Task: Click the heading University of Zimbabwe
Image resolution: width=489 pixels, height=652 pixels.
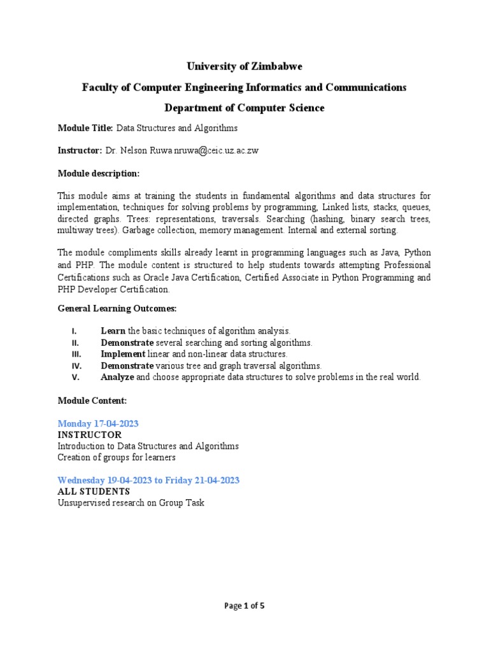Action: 244,66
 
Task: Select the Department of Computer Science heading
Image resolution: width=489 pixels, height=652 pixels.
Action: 244,108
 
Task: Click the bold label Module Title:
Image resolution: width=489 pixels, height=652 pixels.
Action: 85,128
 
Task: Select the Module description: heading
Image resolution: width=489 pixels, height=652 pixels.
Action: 98,173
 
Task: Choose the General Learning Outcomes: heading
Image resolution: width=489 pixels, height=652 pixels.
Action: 117,308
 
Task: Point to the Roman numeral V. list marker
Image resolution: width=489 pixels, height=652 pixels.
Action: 74,377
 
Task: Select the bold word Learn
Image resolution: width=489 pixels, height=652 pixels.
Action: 113,331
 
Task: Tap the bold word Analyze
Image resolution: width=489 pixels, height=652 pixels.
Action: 117,377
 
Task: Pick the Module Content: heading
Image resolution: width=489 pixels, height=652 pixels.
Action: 92,400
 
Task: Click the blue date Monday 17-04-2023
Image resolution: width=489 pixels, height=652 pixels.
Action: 98,423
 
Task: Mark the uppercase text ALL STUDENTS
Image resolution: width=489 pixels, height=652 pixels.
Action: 94,492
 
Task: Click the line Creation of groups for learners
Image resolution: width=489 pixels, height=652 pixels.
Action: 117,457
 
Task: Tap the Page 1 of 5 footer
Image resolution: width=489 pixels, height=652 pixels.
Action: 244,606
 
